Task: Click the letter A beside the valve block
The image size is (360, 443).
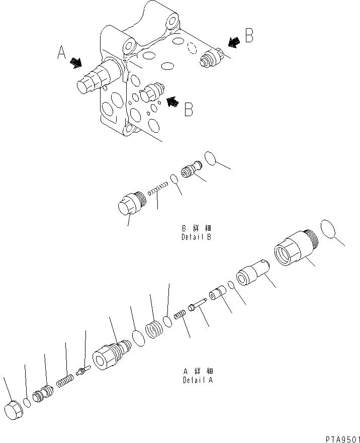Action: pos(62,52)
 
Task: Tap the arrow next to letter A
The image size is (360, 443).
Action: pos(76,62)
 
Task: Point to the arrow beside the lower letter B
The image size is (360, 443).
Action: pos(172,102)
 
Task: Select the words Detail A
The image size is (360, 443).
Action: pos(198,377)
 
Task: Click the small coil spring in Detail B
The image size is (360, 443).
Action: pos(158,191)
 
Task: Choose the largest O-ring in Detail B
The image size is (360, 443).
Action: pos(211,157)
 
